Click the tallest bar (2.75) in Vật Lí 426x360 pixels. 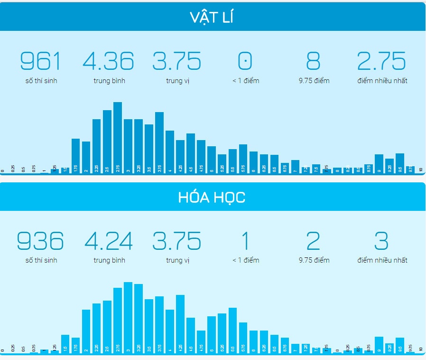[118, 138]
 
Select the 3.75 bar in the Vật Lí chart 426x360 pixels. [159, 142]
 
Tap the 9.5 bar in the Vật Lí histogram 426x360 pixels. [400, 163]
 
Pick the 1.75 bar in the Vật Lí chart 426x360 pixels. [76, 156]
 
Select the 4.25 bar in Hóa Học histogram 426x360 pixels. [180, 324]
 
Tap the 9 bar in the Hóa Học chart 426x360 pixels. [379, 344]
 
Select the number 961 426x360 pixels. [41, 61]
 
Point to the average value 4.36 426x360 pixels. [109, 61]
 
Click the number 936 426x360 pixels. [41, 241]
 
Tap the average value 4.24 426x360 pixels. [109, 241]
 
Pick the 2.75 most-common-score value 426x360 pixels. [381, 61]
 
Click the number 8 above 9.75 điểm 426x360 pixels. [314, 61]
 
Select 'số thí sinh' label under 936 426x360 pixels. [41, 260]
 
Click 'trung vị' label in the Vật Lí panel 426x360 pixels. [177, 81]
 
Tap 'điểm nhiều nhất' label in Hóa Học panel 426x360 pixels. [382, 260]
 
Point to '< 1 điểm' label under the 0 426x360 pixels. [246, 81]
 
